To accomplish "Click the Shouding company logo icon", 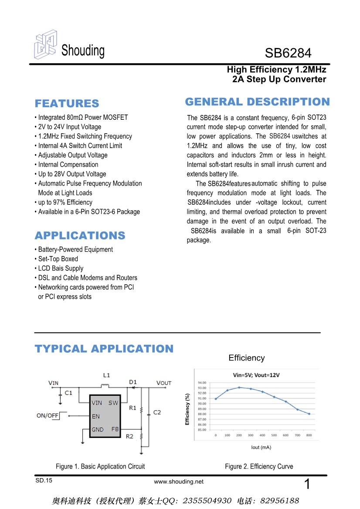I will click(46, 45).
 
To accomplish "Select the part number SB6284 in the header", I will click(288, 54).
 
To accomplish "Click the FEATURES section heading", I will click(67, 104).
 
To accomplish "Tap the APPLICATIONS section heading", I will click(80, 236).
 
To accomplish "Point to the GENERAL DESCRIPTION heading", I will click(257, 102).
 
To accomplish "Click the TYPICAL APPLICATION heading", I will click(104, 349).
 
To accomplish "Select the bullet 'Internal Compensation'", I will click(68, 165).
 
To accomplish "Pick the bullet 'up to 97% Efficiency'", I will click(65, 202).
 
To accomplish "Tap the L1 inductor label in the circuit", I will click(107, 375).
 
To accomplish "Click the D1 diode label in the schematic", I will click(133, 382).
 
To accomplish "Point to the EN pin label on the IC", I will click(96, 416).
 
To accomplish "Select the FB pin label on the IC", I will click(115, 429).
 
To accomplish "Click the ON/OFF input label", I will click(48, 416).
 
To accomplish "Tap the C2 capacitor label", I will click(157, 412).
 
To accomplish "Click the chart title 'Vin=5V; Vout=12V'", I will click(256, 375).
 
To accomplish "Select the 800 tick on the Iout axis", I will click(309, 435).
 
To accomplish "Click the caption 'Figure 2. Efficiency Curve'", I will click(259, 466).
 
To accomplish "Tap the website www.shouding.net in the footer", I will click(179, 482).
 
